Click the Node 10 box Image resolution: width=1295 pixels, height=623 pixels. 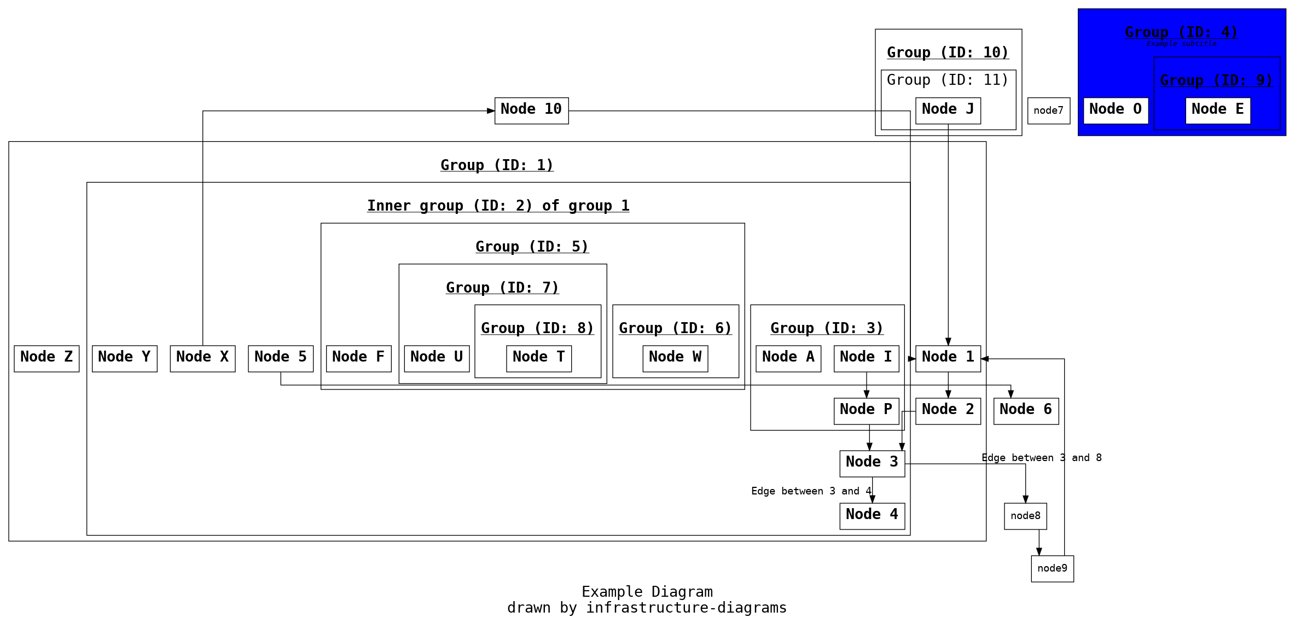click(x=531, y=110)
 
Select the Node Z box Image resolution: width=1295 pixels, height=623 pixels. click(x=47, y=358)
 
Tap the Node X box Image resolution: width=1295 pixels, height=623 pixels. click(x=202, y=358)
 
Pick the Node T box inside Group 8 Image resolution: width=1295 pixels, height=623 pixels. click(x=538, y=358)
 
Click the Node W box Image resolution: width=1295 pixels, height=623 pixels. click(x=675, y=358)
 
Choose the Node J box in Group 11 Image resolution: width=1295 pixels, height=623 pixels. click(x=948, y=110)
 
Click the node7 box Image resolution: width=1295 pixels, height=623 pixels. click(x=1048, y=110)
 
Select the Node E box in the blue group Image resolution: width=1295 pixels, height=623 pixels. click(x=1217, y=110)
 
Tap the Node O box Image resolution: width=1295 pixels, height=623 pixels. click(x=1116, y=110)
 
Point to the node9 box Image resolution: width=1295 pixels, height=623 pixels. click(x=1052, y=568)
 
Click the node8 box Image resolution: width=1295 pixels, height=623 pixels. click(x=1025, y=516)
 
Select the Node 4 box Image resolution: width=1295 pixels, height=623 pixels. click(x=872, y=516)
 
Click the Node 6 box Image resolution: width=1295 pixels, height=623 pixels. click(x=1026, y=411)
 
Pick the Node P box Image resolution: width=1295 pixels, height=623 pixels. click(x=866, y=411)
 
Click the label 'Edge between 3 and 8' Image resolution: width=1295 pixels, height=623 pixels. click(x=1041, y=458)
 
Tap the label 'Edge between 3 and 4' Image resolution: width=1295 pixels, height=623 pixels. click(x=811, y=491)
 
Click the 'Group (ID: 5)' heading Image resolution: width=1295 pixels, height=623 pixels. click(x=532, y=247)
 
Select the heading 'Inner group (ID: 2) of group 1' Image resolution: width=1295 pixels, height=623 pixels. click(x=498, y=206)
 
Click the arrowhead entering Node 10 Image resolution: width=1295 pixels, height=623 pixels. click(x=491, y=111)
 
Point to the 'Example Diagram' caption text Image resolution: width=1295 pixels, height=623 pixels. click(x=647, y=592)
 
